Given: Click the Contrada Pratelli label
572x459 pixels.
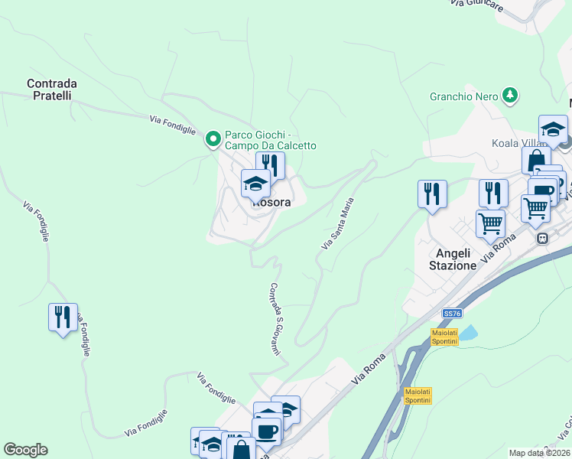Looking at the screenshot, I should [49, 90].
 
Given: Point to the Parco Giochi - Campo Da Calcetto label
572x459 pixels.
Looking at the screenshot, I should [270, 140].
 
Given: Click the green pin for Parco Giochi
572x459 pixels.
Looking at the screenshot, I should [213, 139].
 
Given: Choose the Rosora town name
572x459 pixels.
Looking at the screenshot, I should [272, 203].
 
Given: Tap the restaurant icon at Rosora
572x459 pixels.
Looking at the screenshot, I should [270, 164].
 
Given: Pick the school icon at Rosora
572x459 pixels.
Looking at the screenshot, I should [255, 184].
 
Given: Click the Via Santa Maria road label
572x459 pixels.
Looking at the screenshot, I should [338, 223].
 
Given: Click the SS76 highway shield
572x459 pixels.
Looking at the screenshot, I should [453, 314].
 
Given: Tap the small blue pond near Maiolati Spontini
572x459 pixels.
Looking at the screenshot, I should [467, 334].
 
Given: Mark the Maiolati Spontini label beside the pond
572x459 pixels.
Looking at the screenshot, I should [444, 337].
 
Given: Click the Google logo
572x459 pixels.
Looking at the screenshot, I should [25, 450].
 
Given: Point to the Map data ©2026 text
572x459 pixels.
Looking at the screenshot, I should [540, 453].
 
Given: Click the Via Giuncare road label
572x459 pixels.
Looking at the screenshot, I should [476, 5].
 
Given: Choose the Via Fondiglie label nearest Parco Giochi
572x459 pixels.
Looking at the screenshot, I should [173, 124].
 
